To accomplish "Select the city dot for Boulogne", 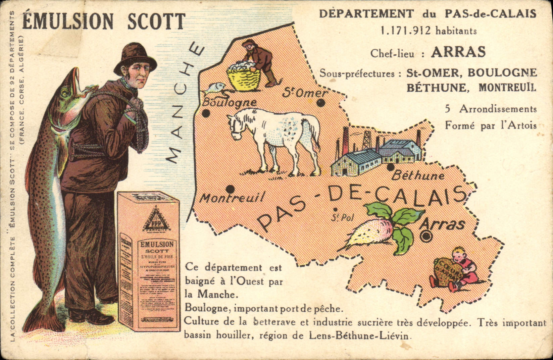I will pos(206,114).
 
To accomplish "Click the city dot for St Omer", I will pos(321,103).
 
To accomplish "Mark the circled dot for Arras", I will pos(426,236).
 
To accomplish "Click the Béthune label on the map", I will pos(418,175).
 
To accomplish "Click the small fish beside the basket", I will pos(215,88).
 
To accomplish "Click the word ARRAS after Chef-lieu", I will pos(458,52).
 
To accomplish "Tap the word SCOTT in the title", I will pos(156,21).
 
